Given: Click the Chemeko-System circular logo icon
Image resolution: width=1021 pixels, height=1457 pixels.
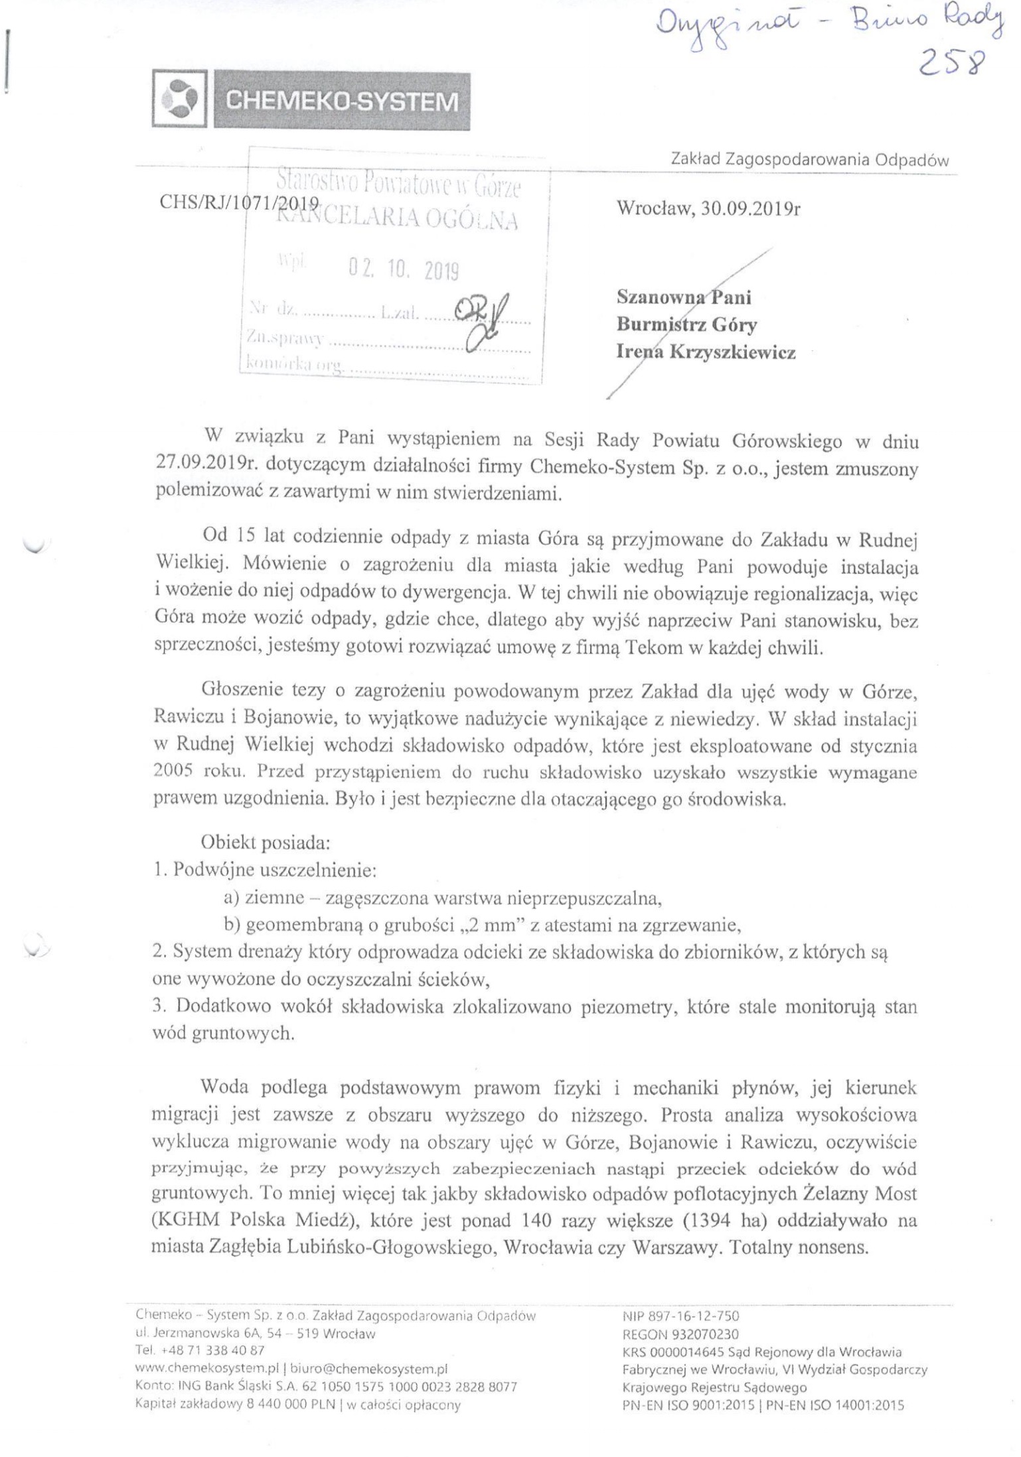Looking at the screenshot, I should [x=181, y=100].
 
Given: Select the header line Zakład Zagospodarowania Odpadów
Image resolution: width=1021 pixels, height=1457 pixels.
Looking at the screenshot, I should [x=810, y=160].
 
